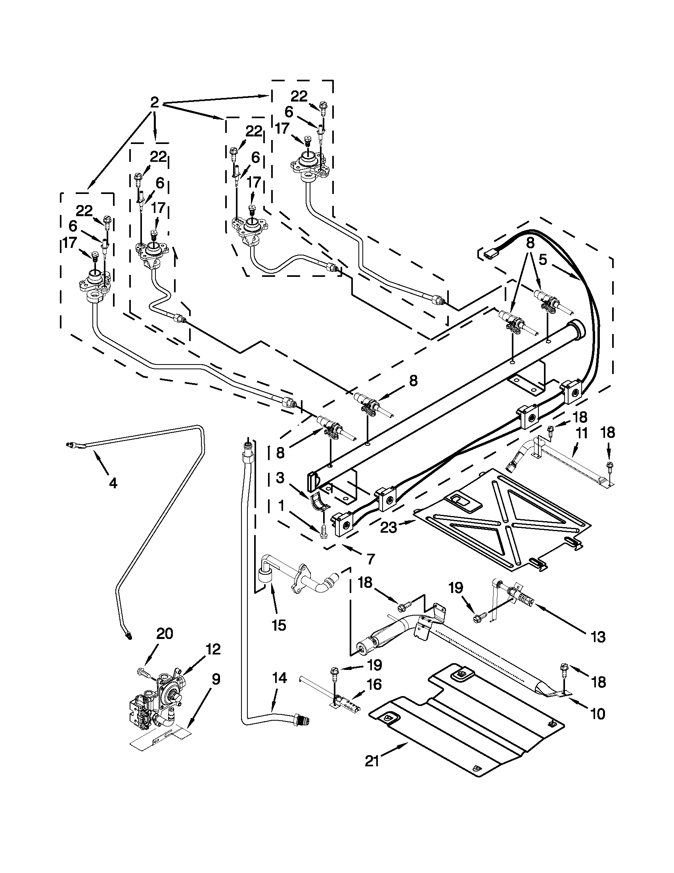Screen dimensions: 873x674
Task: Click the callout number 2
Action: point(154,103)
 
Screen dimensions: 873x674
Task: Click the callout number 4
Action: point(113,483)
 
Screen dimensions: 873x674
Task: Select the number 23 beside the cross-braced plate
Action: point(388,527)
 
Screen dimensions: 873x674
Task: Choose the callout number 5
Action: point(542,260)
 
